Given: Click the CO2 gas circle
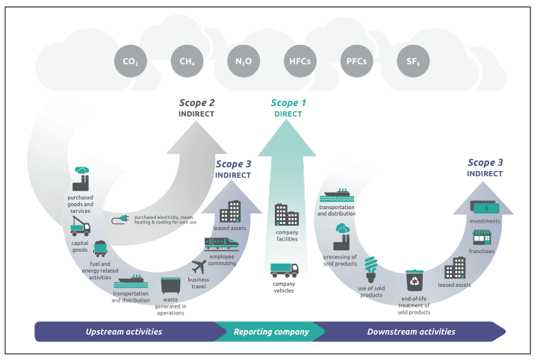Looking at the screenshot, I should click(129, 61).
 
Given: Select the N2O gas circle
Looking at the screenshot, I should click(242, 61).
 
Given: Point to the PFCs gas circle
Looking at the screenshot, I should click(355, 61).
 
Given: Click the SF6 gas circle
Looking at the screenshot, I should click(412, 61).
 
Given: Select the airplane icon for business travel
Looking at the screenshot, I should click(199, 266).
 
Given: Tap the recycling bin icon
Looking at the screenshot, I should click(414, 282).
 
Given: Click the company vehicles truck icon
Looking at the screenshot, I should click(284, 270).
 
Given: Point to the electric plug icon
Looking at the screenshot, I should click(121, 220).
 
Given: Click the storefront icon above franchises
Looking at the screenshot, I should click(482, 237).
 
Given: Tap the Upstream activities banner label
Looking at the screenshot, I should click(123, 332).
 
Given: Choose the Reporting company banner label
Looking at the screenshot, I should click(270, 332).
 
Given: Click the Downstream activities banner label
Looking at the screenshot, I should click(411, 332).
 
